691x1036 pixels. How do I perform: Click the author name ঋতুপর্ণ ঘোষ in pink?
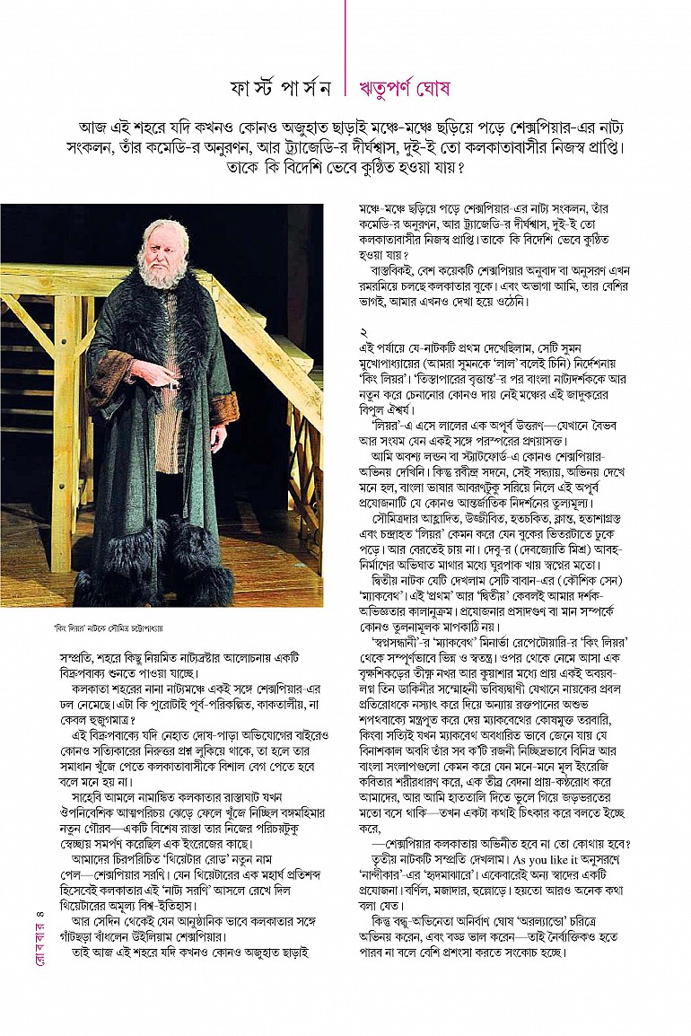tap(403, 89)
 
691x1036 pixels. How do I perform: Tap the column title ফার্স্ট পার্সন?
tap(282, 89)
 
